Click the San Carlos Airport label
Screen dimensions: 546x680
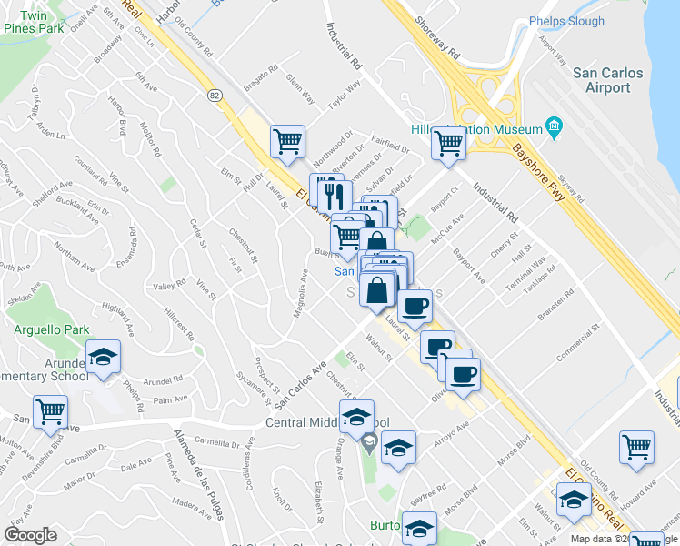coord(607,80)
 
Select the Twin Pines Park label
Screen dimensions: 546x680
coord(34,23)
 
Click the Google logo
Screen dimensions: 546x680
coord(30,534)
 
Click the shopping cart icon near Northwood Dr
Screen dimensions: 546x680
coord(287,142)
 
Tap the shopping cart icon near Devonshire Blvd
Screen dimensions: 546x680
coord(50,410)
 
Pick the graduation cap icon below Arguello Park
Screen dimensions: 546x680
coord(103,357)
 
